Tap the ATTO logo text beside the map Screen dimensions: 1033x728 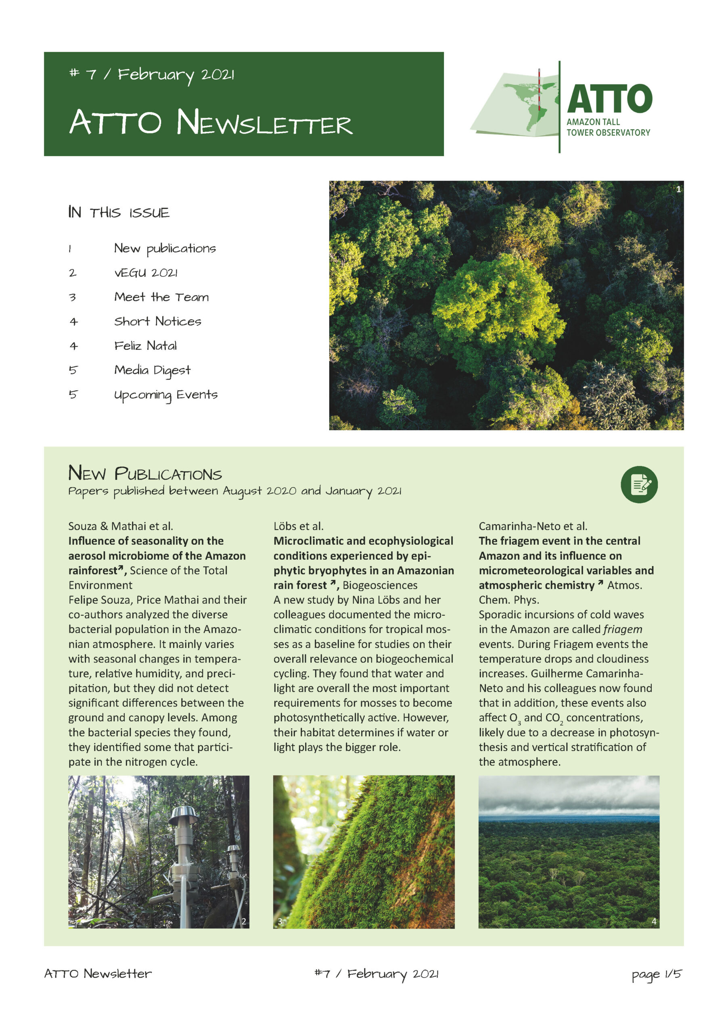click(609, 99)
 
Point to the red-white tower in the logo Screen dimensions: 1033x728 click(539, 90)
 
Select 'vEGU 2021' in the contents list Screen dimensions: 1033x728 click(146, 273)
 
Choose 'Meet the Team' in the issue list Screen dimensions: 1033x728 click(161, 297)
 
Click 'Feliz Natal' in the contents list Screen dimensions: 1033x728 click(145, 345)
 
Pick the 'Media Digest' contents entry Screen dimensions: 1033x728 click(152, 370)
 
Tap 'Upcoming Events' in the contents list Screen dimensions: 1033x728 click(165, 395)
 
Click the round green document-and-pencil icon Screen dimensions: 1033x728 click(639, 485)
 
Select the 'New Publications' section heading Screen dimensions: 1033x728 click(145, 473)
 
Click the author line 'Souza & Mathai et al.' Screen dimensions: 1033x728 click(121, 526)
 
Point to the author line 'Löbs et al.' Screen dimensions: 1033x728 click(298, 526)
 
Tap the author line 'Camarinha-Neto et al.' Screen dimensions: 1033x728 click(533, 526)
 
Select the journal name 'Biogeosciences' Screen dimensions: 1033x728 click(380, 585)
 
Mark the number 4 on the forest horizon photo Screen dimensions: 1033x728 click(654, 921)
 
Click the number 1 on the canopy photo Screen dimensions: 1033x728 click(678, 189)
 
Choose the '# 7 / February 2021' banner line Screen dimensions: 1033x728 click(152, 74)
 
